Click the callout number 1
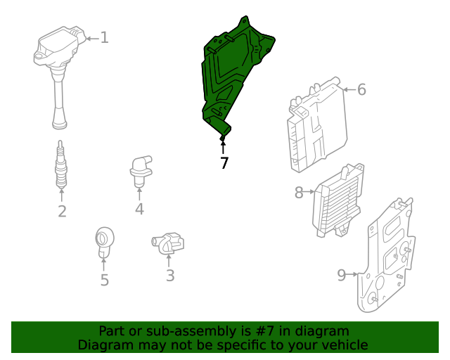(x=105, y=38)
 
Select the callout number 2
(x=62, y=212)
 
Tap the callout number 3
(x=170, y=276)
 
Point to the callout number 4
(x=139, y=209)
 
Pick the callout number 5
(x=105, y=280)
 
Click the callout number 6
(x=361, y=89)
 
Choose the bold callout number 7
(x=224, y=163)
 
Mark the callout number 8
(x=299, y=193)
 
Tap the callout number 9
(x=342, y=275)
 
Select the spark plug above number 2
(x=61, y=165)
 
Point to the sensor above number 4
(x=141, y=172)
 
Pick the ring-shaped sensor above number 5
(x=104, y=242)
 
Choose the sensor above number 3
(x=168, y=243)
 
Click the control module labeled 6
(x=317, y=125)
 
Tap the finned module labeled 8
(x=338, y=200)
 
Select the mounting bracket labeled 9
(x=386, y=255)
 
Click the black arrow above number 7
(x=223, y=146)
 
